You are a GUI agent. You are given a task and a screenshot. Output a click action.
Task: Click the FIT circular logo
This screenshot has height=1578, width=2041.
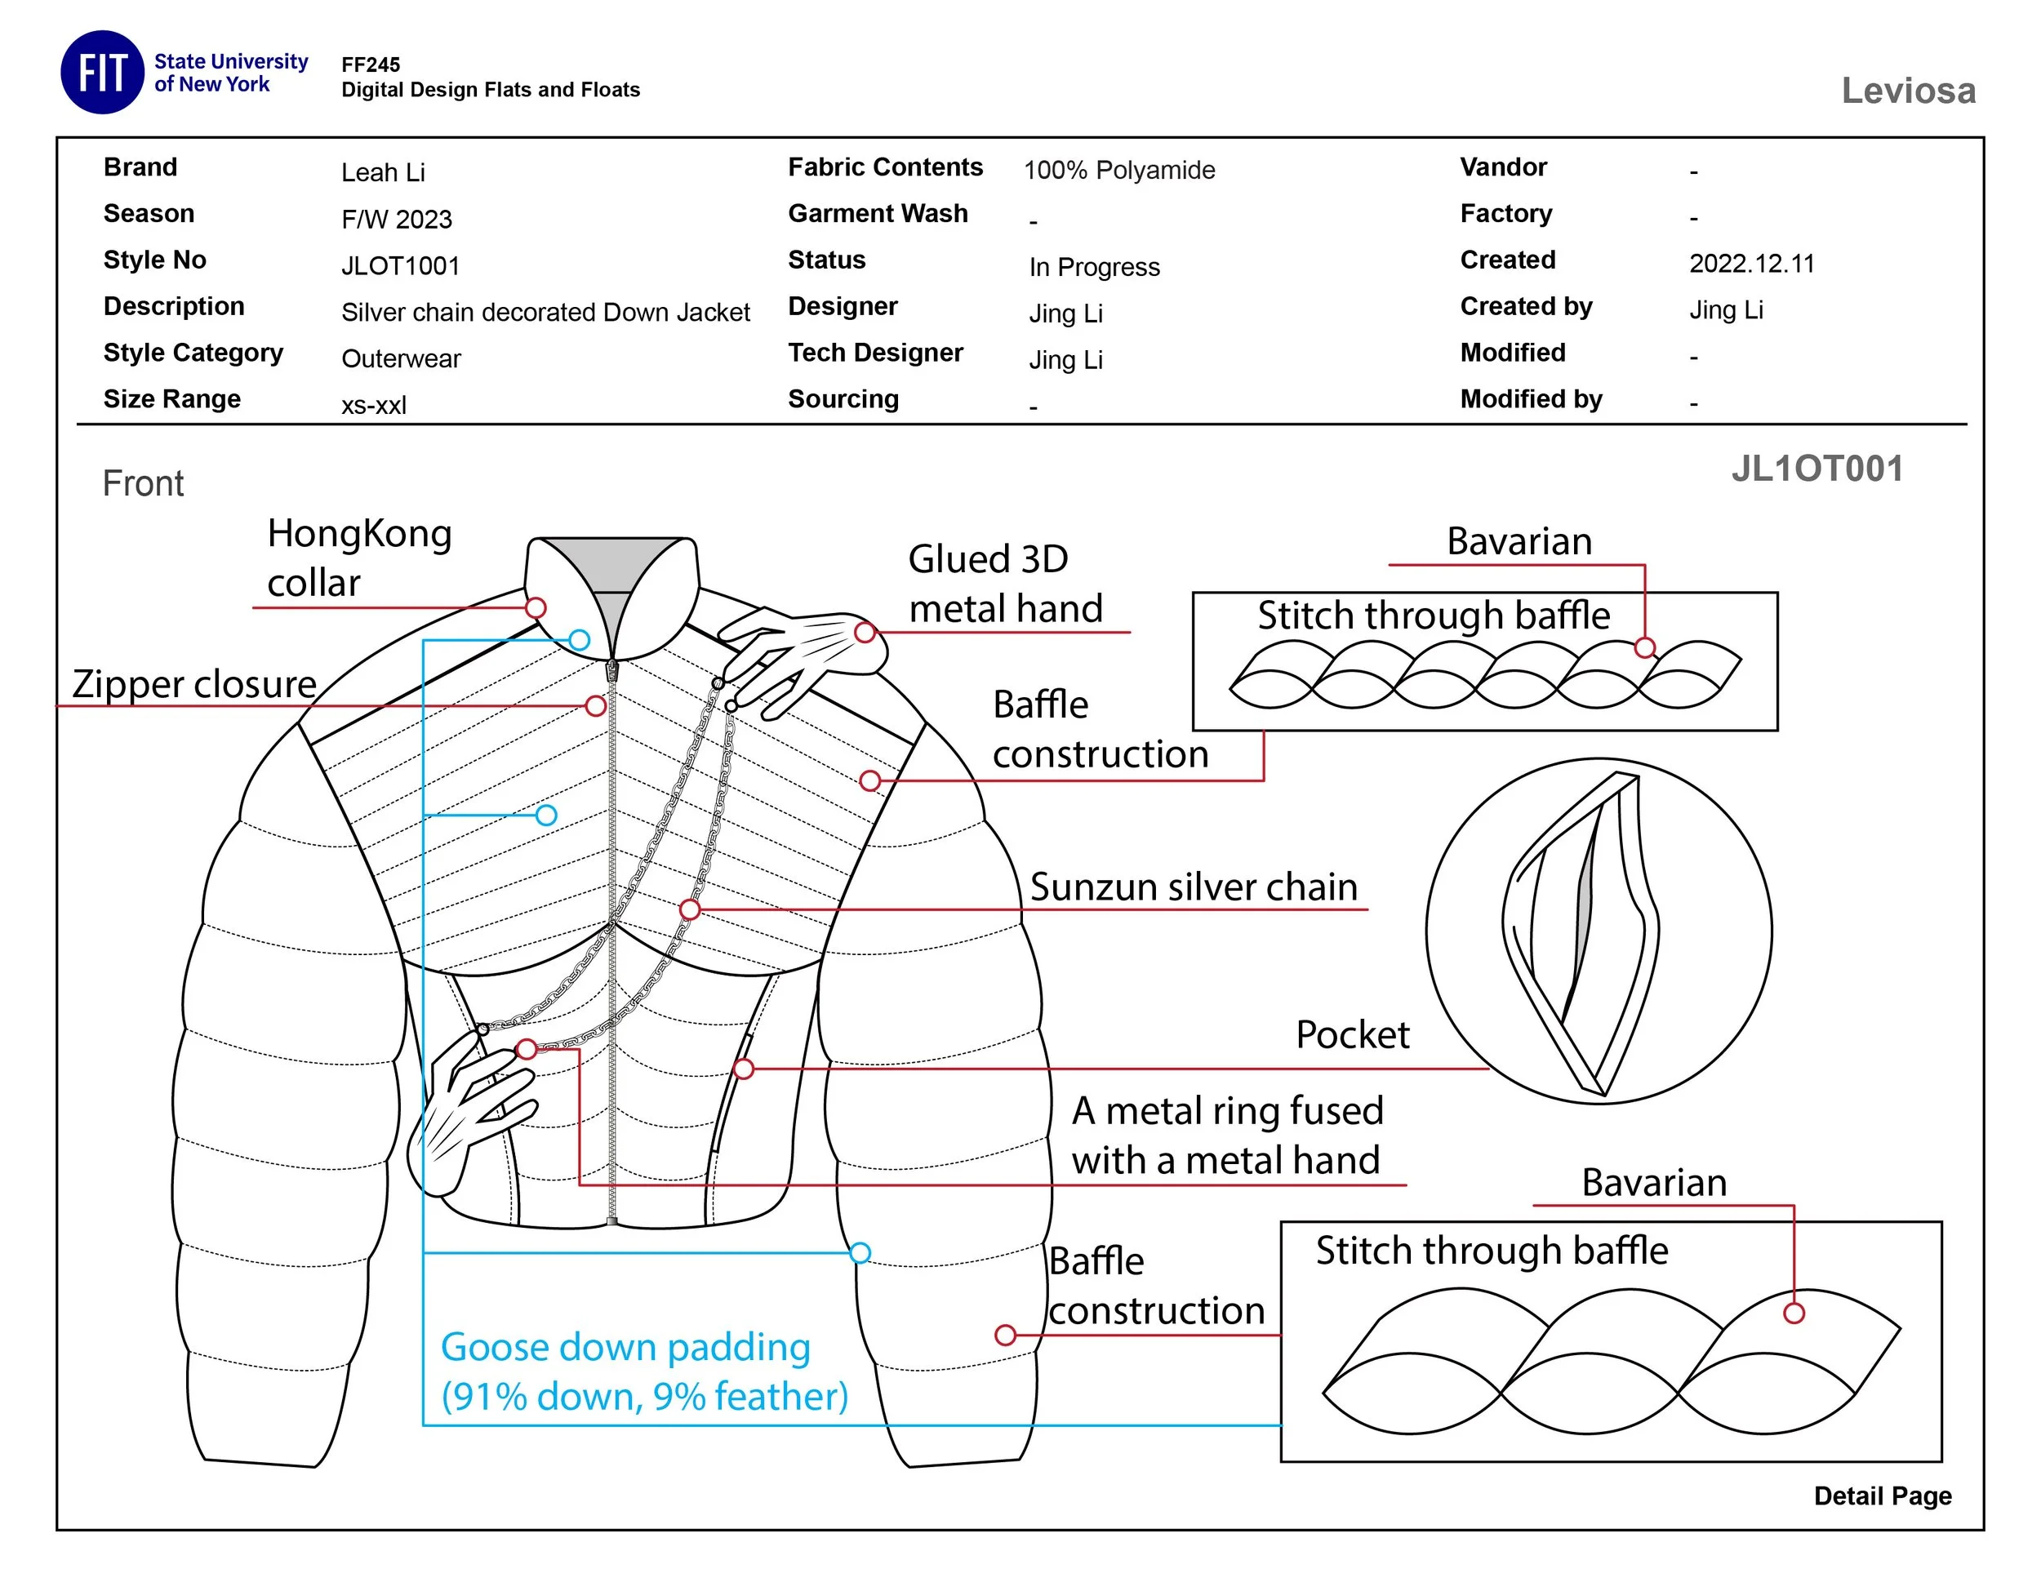(102, 72)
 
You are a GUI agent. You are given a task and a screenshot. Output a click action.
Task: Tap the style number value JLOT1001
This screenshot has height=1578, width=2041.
(400, 266)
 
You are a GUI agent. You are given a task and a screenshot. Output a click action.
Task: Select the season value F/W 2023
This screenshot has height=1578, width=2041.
(396, 220)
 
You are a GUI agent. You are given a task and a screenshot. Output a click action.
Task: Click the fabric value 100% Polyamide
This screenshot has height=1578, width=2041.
(1118, 171)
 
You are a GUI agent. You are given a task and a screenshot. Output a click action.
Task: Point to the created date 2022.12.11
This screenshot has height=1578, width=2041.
(1751, 264)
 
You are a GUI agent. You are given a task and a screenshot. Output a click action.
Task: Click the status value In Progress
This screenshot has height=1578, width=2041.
(1093, 267)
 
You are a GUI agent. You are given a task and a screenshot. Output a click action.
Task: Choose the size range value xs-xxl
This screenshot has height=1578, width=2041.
(374, 406)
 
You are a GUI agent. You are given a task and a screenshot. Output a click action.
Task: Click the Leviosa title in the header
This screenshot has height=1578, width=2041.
(1907, 91)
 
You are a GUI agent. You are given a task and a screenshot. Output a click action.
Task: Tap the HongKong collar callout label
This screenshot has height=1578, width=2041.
(359, 558)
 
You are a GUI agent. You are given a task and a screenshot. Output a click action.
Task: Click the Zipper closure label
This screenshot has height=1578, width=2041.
(194, 684)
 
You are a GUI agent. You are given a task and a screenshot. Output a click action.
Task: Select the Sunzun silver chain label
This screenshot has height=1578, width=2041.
(1193, 887)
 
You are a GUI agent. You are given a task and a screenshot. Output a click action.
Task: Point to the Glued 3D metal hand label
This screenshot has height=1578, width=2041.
(1005, 584)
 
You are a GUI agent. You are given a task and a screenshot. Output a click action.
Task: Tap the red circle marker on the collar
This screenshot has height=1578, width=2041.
(536, 608)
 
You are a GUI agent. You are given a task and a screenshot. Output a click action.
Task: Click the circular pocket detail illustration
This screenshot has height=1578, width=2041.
(1598, 931)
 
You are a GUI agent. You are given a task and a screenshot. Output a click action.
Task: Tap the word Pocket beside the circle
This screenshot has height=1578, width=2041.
(1351, 1035)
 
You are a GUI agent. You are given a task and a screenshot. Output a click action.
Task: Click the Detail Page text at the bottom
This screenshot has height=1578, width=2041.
(1882, 1496)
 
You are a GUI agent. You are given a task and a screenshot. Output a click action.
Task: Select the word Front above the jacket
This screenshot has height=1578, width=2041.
(143, 484)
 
